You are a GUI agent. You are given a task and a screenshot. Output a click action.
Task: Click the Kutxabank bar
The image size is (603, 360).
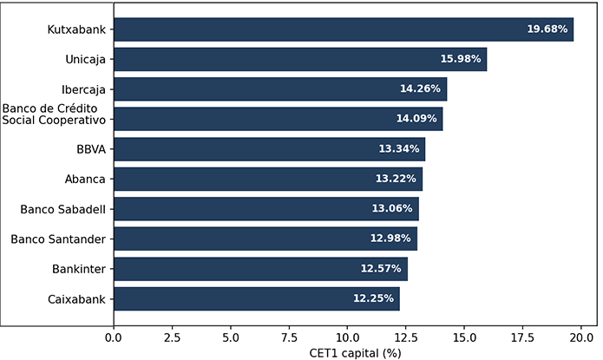point(343,29)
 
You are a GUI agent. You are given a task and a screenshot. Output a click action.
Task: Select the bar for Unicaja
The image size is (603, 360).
point(299,59)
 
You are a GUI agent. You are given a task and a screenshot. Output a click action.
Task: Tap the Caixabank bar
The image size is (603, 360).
point(256,298)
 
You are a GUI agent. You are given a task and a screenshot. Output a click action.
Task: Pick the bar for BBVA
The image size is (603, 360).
point(269,149)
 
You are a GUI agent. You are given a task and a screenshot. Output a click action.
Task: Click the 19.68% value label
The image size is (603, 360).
point(547,29)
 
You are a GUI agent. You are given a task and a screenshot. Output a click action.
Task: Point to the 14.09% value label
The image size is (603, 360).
point(417,119)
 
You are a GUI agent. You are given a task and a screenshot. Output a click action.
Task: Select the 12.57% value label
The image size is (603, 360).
point(382,269)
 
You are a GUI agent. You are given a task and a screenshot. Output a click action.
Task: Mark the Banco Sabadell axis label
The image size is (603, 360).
point(62,209)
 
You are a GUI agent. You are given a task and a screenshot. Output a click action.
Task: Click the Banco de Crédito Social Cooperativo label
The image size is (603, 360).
point(54,114)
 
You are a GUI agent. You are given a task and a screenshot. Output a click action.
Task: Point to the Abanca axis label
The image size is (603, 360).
point(86,179)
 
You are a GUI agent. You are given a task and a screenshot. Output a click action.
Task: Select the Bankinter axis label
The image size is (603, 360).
point(79,269)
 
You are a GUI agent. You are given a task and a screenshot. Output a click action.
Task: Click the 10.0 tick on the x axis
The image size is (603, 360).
point(347,336)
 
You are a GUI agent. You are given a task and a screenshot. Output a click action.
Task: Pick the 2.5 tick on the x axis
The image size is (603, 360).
point(172,336)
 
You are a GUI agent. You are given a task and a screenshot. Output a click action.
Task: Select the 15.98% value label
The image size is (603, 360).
point(461,59)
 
